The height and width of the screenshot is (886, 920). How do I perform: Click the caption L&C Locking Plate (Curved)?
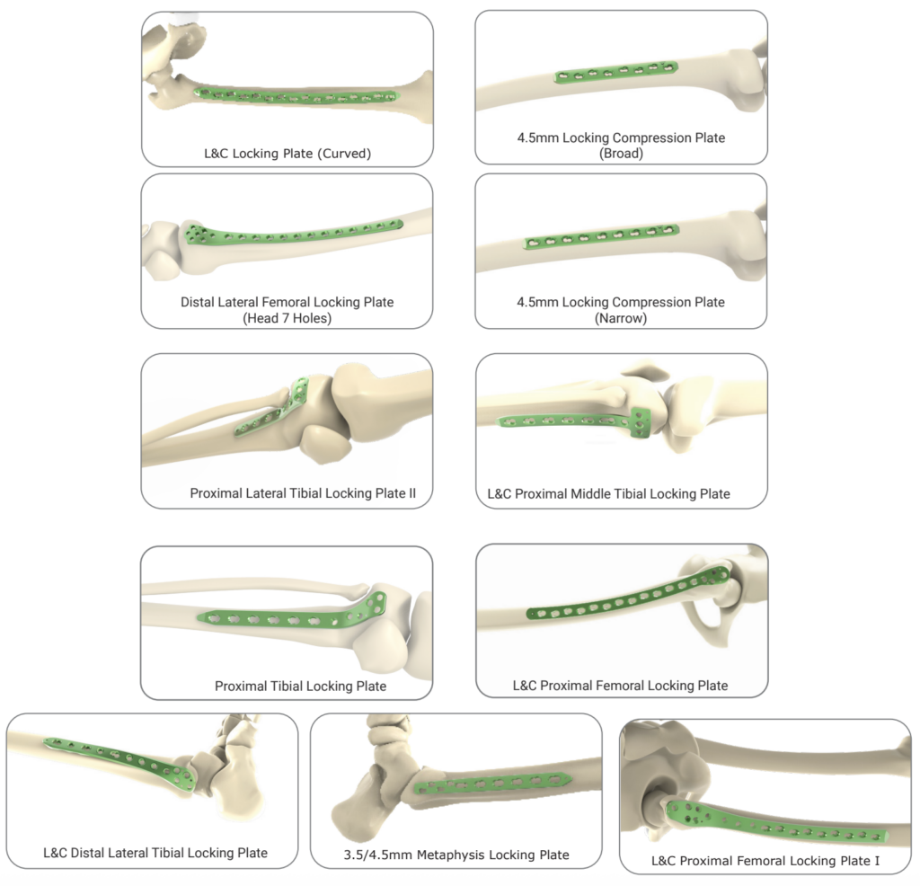click(x=287, y=154)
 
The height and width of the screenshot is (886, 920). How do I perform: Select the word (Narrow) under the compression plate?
click(x=621, y=318)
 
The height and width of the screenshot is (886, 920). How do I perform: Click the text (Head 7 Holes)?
click(x=287, y=318)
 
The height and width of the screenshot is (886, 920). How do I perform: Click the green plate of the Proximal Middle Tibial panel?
click(x=575, y=420)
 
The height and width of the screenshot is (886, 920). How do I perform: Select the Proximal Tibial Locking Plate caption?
click(x=300, y=686)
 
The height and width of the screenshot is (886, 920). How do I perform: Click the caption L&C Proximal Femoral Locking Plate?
click(x=620, y=685)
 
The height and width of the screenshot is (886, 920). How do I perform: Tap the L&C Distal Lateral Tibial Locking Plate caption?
click(x=155, y=853)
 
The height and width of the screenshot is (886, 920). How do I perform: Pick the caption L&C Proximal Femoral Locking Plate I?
click(x=765, y=861)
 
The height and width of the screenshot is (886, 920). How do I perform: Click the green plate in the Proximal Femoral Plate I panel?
click(x=782, y=826)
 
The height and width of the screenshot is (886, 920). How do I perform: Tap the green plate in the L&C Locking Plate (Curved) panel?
click(x=296, y=95)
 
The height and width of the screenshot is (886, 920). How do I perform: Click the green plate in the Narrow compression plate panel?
click(x=602, y=237)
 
